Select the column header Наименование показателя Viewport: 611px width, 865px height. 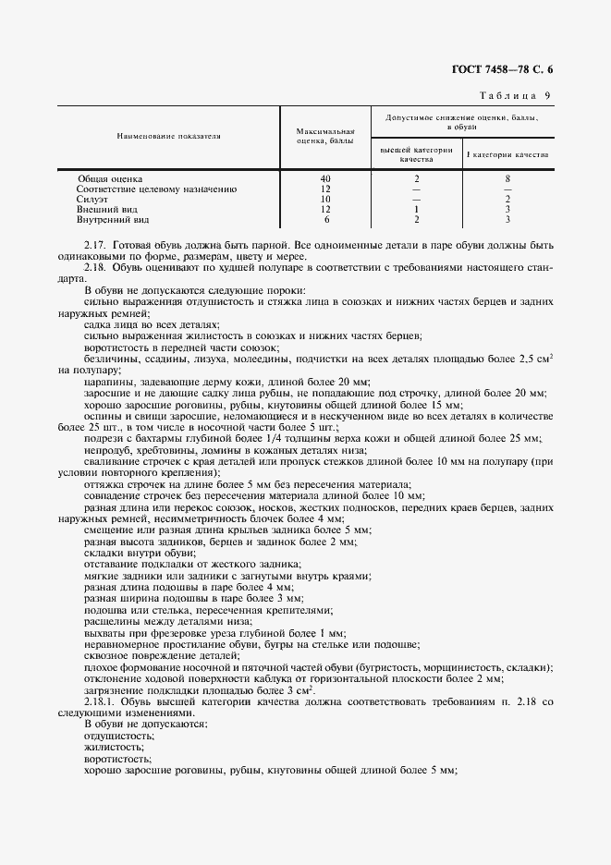[168, 136]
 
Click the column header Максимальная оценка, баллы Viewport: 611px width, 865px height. [325, 137]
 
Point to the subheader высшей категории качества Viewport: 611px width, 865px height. [417, 154]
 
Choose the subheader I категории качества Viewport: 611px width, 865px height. [507, 154]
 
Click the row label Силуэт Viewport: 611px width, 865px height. [92, 199]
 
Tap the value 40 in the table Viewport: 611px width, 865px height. [325, 177]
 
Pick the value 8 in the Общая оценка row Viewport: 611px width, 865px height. [508, 177]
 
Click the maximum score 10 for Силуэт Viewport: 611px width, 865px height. [325, 199]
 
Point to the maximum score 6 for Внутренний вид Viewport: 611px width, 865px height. [325, 220]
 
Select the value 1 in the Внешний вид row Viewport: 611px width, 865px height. [417, 210]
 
